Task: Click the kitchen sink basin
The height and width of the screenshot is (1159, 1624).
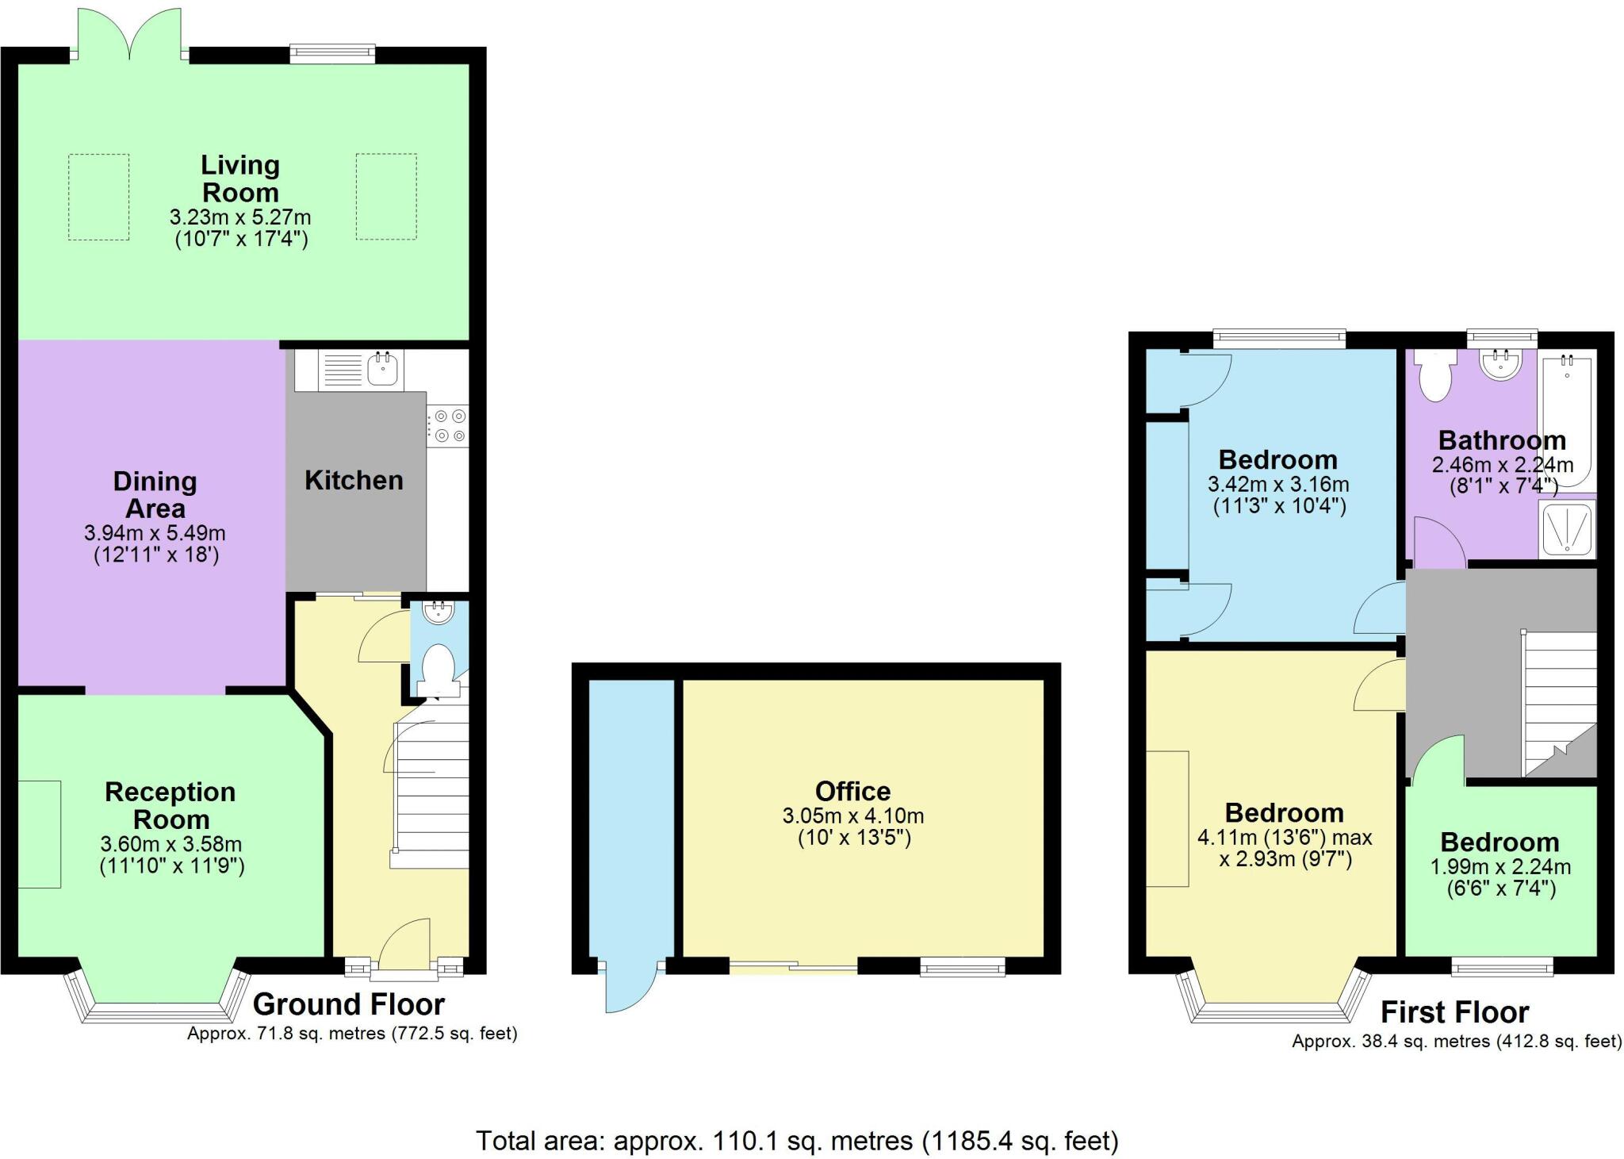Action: pos(382,370)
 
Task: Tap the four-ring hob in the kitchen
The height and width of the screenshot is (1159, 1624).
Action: pos(448,425)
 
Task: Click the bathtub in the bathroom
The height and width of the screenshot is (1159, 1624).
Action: pos(1566,420)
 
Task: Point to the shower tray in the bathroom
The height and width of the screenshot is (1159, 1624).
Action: pos(1566,528)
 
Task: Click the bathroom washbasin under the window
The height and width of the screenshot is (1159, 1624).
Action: pos(1500,365)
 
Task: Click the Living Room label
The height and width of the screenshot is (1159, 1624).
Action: pos(240,178)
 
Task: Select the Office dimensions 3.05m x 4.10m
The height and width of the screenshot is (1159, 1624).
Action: pos(853,816)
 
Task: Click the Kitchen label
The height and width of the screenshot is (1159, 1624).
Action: pos(354,480)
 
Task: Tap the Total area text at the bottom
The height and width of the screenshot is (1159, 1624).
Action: pos(797,1141)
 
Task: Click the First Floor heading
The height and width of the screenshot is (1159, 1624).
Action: pos(1454,1013)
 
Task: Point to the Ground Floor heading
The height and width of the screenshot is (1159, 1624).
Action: pos(348,1004)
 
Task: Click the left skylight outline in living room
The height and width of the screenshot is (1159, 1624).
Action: pos(98,197)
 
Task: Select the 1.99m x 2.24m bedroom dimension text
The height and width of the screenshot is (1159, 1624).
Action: pos(1500,867)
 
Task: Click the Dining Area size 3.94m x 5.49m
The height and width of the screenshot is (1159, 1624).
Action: pos(155,533)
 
